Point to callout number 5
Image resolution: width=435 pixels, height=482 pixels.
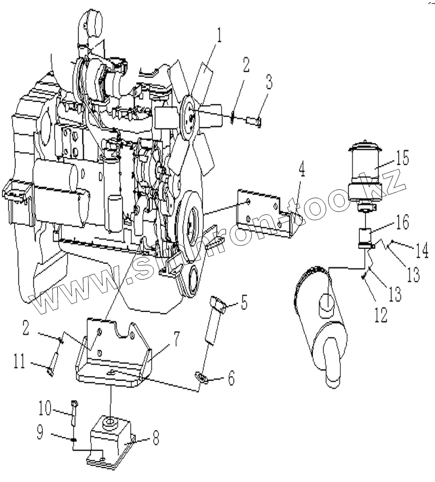pyautogui.click(x=244, y=304)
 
